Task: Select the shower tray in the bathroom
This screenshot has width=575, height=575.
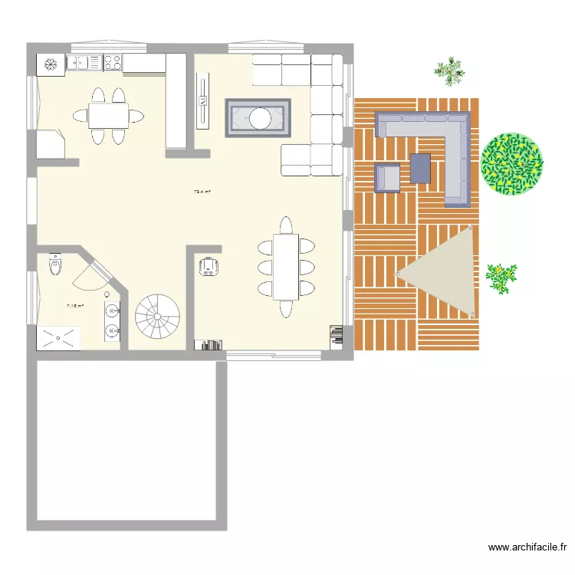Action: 58,337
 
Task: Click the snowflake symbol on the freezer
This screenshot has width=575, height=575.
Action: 52,64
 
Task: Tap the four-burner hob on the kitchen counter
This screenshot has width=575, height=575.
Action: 113,62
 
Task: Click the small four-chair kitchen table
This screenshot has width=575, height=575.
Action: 107,116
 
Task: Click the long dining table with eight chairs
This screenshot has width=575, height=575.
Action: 285,266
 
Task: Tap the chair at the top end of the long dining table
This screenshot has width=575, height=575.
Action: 285,225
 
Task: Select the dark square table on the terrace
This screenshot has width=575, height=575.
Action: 420,169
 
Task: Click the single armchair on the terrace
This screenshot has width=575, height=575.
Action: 387,177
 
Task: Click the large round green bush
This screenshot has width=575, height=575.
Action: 511,163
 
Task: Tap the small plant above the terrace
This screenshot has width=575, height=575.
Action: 449,71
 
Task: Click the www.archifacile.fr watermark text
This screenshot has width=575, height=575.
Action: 528,547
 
